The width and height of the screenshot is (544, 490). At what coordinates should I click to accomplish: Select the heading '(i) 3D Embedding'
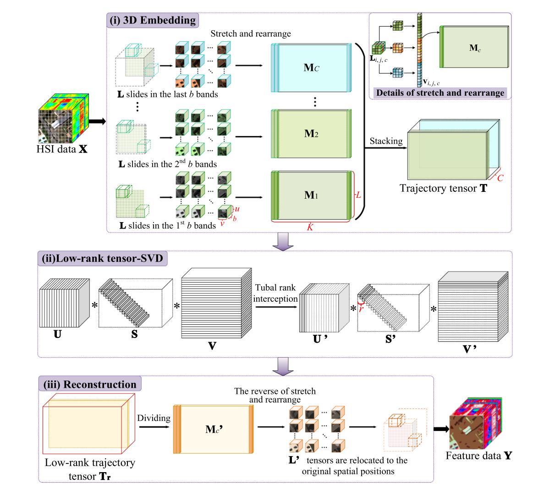(x=152, y=20)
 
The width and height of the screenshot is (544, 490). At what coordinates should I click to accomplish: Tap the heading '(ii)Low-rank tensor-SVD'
(x=102, y=259)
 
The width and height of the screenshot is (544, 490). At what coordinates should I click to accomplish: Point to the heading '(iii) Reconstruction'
(x=90, y=384)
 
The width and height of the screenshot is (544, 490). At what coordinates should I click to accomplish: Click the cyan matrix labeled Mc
(x=311, y=68)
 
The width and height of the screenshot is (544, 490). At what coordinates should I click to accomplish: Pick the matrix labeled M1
(x=311, y=195)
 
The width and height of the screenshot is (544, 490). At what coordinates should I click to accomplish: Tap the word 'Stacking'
(x=386, y=141)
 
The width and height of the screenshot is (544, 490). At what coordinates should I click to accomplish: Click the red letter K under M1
(x=310, y=226)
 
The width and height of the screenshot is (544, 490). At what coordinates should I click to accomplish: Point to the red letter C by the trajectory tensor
(x=500, y=178)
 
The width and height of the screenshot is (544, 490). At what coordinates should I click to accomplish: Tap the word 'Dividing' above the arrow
(x=153, y=418)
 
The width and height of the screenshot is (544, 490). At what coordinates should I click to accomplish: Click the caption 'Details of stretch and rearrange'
(x=440, y=93)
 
